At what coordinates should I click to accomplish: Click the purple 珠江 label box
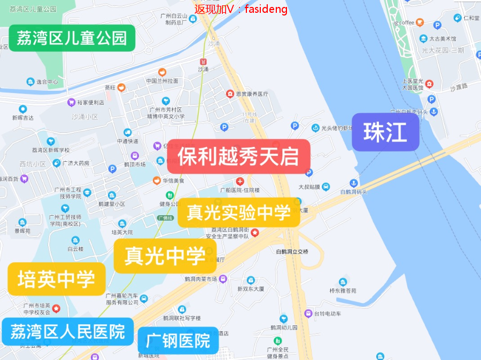pyautogui.click(x=385, y=132)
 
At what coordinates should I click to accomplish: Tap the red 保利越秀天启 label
pyautogui.click(x=238, y=156)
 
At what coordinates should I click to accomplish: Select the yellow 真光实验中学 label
pyautogui.click(x=238, y=213)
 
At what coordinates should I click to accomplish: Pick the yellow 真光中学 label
pyautogui.click(x=165, y=256)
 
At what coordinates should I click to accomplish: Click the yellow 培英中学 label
pyautogui.click(x=56, y=279)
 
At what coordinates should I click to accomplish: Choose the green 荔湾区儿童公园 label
pyautogui.click(x=72, y=38)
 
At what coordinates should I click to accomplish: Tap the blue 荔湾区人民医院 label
pyautogui.click(x=67, y=332)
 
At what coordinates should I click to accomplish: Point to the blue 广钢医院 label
pyautogui.click(x=178, y=340)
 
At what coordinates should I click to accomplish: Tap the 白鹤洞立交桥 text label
pyautogui.click(x=292, y=252)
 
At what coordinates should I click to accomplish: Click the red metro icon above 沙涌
pyautogui.click(x=203, y=61)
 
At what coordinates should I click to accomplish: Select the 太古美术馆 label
pyautogui.click(x=443, y=38)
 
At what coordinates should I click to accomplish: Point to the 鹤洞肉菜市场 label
pyautogui.click(x=201, y=279)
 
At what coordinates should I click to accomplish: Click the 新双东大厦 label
pyautogui.click(x=251, y=289)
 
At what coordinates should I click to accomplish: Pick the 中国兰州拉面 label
pyautogui.click(x=162, y=81)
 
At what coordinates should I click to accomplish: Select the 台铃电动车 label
pyautogui.click(x=327, y=314)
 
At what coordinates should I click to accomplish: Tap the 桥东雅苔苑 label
pyautogui.click(x=343, y=291)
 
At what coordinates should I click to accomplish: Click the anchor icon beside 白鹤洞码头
pyautogui.click(x=353, y=184)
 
